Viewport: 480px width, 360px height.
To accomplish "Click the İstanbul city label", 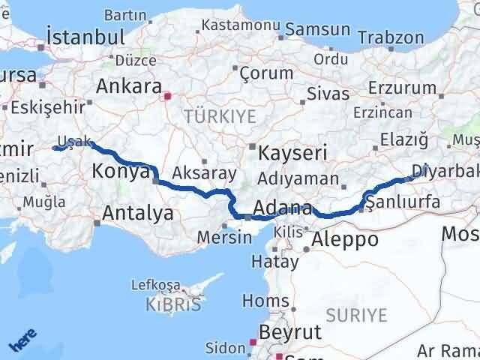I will pyautogui.click(x=85, y=36).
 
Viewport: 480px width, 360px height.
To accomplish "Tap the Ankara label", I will pyautogui.click(x=129, y=85).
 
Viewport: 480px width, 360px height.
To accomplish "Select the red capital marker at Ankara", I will pyautogui.click(x=168, y=96).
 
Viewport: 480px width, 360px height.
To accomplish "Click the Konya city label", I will pyautogui.click(x=120, y=172).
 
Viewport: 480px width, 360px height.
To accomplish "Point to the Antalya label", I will pyautogui.click(x=138, y=213).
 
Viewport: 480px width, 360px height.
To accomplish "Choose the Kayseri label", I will pyautogui.click(x=292, y=153).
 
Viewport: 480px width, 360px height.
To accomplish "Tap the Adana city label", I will pyautogui.click(x=282, y=208).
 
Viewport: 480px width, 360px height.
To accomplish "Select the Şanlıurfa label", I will pyautogui.click(x=401, y=201).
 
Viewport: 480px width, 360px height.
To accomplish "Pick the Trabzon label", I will pyautogui.click(x=391, y=37).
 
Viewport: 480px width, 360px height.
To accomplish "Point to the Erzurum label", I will pyautogui.click(x=406, y=88).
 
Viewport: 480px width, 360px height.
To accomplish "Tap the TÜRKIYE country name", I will pyautogui.click(x=220, y=116).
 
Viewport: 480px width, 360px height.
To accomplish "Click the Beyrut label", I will pyautogui.click(x=289, y=332).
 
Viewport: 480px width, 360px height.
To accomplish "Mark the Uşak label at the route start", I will pyautogui.click(x=79, y=141).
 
